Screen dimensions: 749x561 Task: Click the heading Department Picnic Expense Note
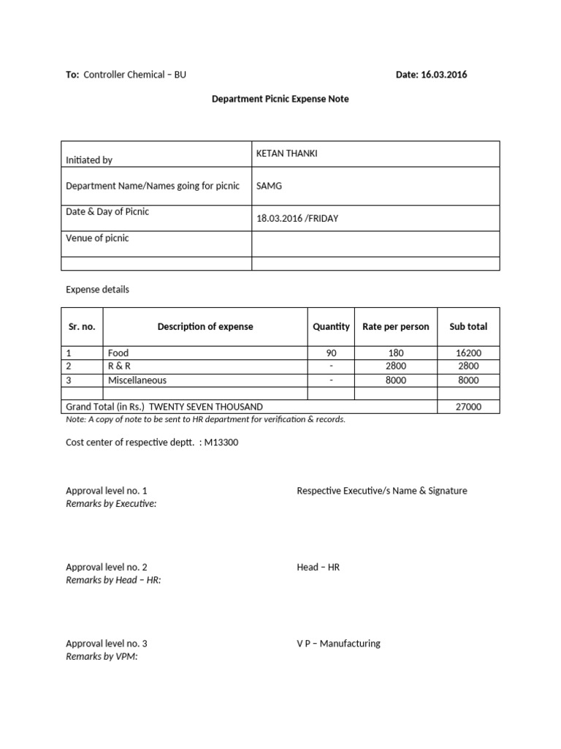pyautogui.click(x=280, y=99)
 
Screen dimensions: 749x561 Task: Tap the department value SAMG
pyautogui.click(x=269, y=186)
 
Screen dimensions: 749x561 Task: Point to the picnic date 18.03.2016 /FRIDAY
pyautogui.click(x=297, y=218)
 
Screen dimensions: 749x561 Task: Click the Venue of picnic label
pyautogui.click(x=97, y=238)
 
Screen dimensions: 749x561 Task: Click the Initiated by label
pyautogui.click(x=89, y=159)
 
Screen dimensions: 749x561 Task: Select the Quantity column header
pyautogui.click(x=331, y=326)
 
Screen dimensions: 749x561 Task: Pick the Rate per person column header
pyautogui.click(x=396, y=326)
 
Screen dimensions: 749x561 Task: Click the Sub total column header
pyautogui.click(x=468, y=326)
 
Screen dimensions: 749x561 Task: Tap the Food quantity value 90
pyautogui.click(x=331, y=353)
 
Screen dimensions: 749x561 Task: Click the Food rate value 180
pyautogui.click(x=396, y=353)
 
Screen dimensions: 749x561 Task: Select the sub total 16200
pyautogui.click(x=468, y=353)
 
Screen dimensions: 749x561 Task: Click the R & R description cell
pyautogui.click(x=119, y=366)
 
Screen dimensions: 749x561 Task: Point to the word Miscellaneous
pyautogui.click(x=137, y=380)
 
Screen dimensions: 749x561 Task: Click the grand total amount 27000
pyautogui.click(x=468, y=407)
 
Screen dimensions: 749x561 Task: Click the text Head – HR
pyautogui.click(x=318, y=567)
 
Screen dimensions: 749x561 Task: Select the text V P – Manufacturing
pyautogui.click(x=338, y=644)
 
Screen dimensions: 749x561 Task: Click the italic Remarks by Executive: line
pyautogui.click(x=111, y=503)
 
